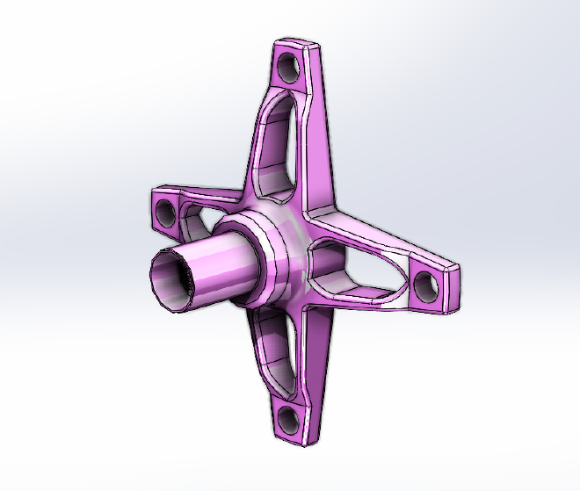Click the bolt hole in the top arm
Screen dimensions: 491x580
point(286,65)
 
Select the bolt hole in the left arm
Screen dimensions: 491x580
point(163,212)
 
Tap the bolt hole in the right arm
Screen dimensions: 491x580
point(423,282)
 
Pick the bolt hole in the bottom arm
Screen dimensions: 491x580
point(284,416)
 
